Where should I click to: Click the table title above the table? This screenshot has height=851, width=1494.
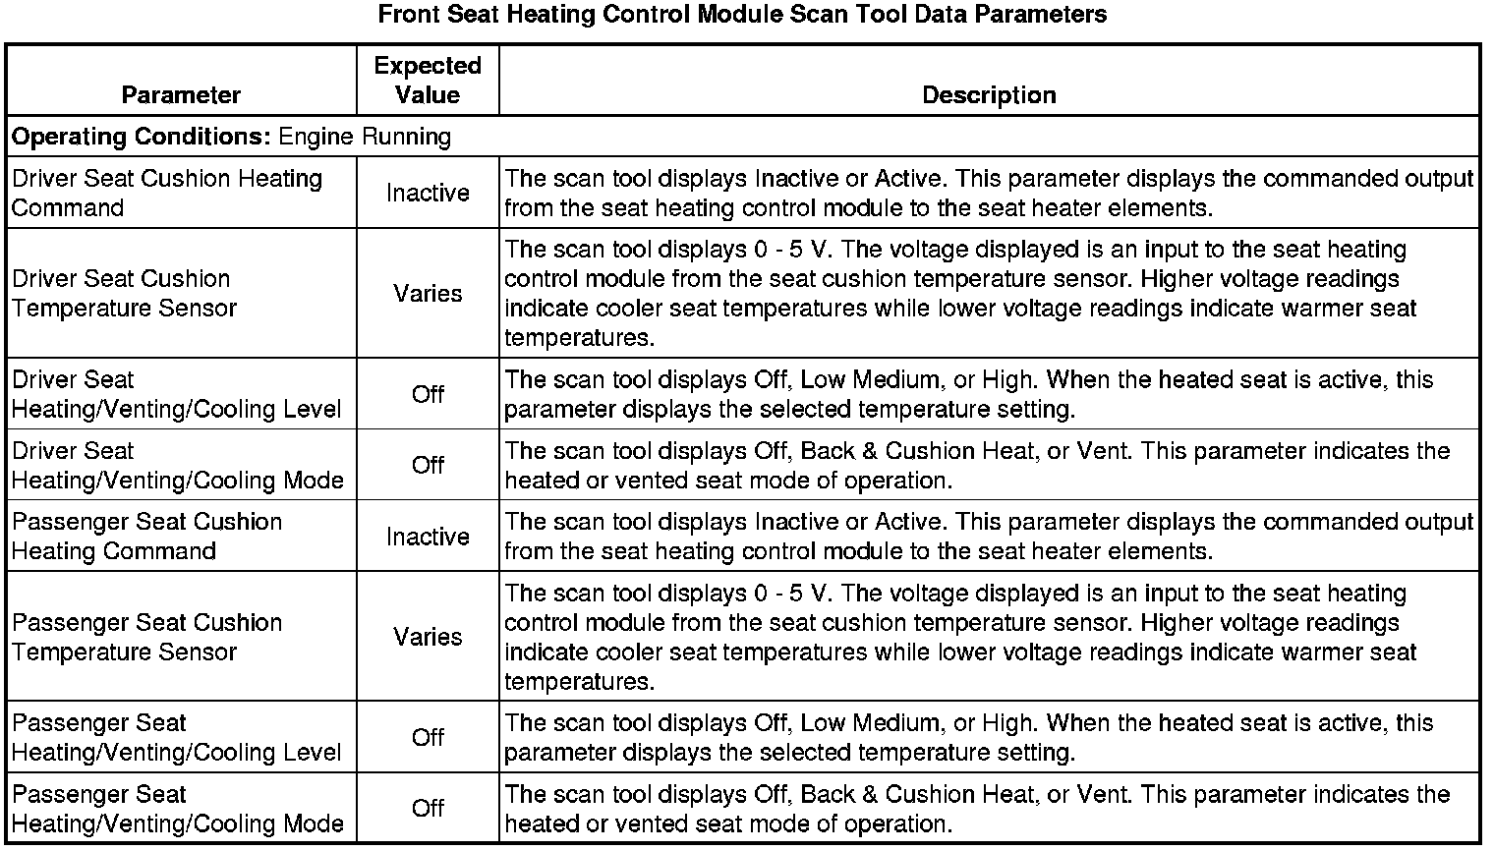pyautogui.click(x=742, y=15)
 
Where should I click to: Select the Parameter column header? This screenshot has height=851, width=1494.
pyautogui.click(x=181, y=94)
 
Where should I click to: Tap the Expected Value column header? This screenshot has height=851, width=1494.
pyautogui.click(x=428, y=80)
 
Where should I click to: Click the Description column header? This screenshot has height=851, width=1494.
pyautogui.click(x=989, y=94)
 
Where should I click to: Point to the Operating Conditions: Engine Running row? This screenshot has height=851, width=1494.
pyautogui.click(x=232, y=136)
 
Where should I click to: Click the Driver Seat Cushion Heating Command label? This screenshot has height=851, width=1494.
pyautogui.click(x=167, y=193)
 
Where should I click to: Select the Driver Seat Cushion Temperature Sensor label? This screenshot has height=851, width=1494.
pyautogui.click(x=125, y=293)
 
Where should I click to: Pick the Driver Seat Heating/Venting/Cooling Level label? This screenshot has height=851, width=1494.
pyautogui.click(x=177, y=394)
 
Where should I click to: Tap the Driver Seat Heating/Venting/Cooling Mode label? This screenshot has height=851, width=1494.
pyautogui.click(x=178, y=465)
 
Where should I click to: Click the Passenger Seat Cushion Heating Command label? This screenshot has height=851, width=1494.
pyautogui.click(x=147, y=536)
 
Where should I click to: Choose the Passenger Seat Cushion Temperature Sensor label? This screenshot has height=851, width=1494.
pyautogui.click(x=147, y=637)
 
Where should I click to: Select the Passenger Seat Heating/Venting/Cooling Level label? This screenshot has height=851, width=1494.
pyautogui.click(x=177, y=737)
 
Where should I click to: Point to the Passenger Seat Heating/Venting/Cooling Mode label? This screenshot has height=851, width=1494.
pyautogui.click(x=178, y=808)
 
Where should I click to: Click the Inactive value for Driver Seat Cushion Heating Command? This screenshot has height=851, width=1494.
pyautogui.click(x=428, y=193)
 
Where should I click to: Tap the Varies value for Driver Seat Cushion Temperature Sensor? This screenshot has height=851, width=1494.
pyautogui.click(x=428, y=293)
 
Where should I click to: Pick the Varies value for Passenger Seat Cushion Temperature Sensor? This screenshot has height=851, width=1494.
pyautogui.click(x=428, y=637)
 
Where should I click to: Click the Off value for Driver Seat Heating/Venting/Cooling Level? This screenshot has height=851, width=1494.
pyautogui.click(x=428, y=394)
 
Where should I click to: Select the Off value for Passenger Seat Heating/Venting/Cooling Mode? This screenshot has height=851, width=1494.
pyautogui.click(x=428, y=808)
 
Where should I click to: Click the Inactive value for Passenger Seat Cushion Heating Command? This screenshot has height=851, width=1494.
pyautogui.click(x=428, y=537)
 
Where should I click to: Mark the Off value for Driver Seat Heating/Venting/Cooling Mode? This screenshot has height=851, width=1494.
pyautogui.click(x=428, y=465)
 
